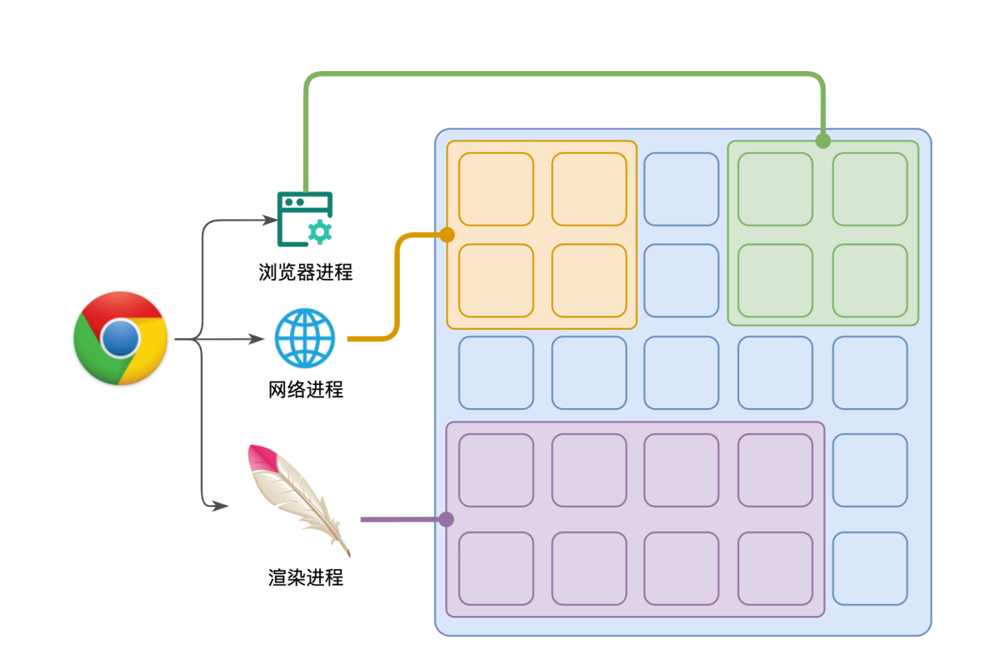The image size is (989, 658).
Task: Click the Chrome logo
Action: [120, 338]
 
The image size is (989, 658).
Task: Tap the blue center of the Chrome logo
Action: [120, 338]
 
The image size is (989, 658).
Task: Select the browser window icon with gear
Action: [305, 219]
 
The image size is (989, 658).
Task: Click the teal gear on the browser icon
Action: [320, 232]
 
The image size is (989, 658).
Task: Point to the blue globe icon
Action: [305, 338]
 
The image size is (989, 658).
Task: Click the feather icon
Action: [299, 500]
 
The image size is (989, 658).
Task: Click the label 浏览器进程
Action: [305, 272]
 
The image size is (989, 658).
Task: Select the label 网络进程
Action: [305, 390]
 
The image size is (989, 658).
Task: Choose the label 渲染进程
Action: [305, 578]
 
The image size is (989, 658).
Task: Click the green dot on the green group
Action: [823, 141]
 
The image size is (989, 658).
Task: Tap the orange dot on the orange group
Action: [448, 235]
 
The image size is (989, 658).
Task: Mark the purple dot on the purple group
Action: [446, 519]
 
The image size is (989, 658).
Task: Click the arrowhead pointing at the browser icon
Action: [270, 220]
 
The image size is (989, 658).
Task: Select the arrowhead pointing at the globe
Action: [257, 339]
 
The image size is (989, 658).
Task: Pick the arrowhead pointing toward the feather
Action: [221, 506]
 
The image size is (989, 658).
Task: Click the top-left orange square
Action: [496, 189]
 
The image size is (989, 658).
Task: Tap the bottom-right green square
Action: [869, 280]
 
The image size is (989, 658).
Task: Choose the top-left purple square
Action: [496, 470]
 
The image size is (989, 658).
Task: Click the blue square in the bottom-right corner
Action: [869, 568]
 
